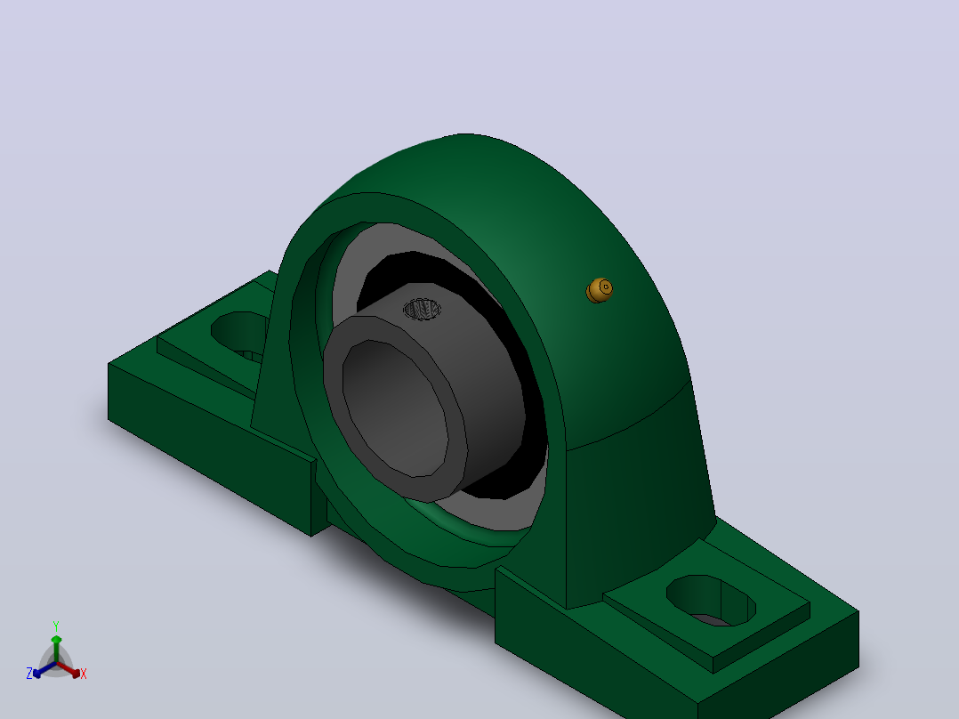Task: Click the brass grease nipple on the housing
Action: [x=600, y=290]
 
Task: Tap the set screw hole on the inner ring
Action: [x=422, y=309]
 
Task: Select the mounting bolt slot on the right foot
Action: [x=711, y=601]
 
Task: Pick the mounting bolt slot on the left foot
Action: [x=238, y=334]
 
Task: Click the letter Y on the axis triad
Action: [x=56, y=626]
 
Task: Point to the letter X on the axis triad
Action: [x=84, y=674]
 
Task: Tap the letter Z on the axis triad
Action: [x=28, y=674]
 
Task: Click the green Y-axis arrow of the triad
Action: [x=56, y=649]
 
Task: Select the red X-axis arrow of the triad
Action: [x=69, y=669]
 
